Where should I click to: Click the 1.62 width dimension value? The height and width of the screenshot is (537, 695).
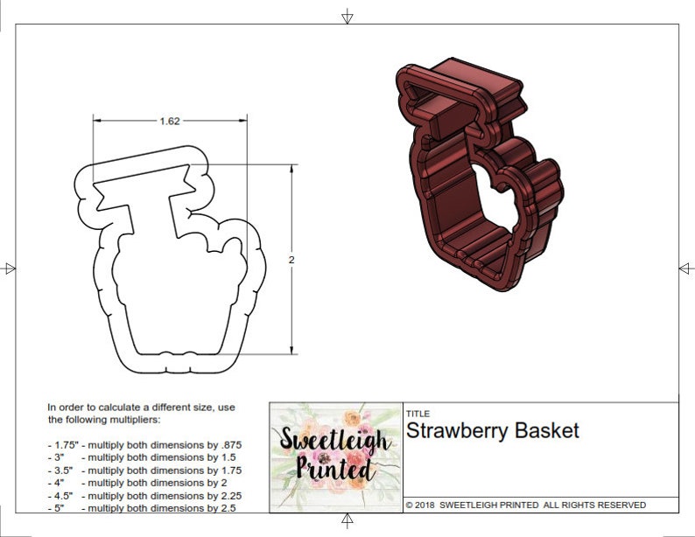pos(170,121)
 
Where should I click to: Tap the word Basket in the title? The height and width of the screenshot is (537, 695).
pos(549,431)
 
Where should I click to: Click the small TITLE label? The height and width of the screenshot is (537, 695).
pos(418,414)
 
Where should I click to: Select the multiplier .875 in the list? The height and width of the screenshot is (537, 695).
pos(230,444)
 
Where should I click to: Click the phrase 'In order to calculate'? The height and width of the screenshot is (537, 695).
pos(95,408)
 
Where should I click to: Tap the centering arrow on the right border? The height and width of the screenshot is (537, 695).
pos(685,268)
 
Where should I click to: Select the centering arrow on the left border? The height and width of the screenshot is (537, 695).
pos(9,268)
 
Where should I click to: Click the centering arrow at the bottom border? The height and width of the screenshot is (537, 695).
pos(347,521)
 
